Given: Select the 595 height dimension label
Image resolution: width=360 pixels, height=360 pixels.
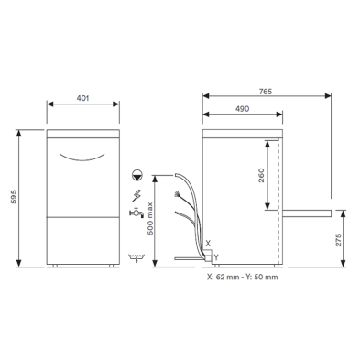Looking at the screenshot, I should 11,198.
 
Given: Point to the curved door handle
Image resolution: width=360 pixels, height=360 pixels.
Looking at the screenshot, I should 83,158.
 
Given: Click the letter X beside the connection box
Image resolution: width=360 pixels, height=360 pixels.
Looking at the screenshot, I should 208,244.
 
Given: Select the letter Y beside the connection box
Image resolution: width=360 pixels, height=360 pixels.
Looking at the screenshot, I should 216,257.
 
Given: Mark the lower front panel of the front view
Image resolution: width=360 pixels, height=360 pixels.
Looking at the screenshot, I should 83,241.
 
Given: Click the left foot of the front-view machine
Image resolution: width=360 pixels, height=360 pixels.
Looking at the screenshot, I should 56,267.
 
